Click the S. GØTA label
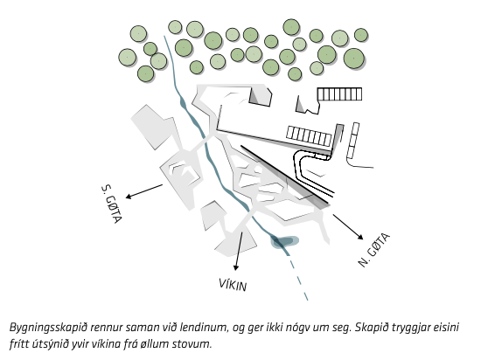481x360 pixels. (112, 204)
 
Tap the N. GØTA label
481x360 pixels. (374, 250)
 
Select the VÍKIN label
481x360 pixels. (233, 285)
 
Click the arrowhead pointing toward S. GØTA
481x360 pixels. (129, 196)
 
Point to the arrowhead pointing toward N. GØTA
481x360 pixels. (360, 237)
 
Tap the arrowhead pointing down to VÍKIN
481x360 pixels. (235, 267)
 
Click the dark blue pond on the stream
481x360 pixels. (284, 241)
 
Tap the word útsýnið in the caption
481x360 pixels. (45, 343)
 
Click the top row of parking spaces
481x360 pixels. (339, 94)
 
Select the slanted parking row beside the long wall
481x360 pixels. (310, 135)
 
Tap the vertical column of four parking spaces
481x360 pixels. (352, 141)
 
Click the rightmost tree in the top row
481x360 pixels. (360, 35)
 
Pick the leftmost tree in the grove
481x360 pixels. (128, 58)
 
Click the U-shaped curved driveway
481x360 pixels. (307, 170)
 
